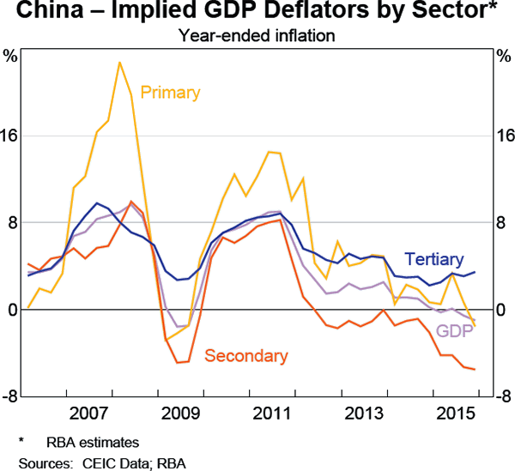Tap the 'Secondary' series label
[245, 356]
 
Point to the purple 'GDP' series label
[454, 332]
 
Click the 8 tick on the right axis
[504, 223]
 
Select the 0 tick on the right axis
[504, 310]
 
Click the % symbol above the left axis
[11, 57]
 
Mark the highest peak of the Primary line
[119, 62]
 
